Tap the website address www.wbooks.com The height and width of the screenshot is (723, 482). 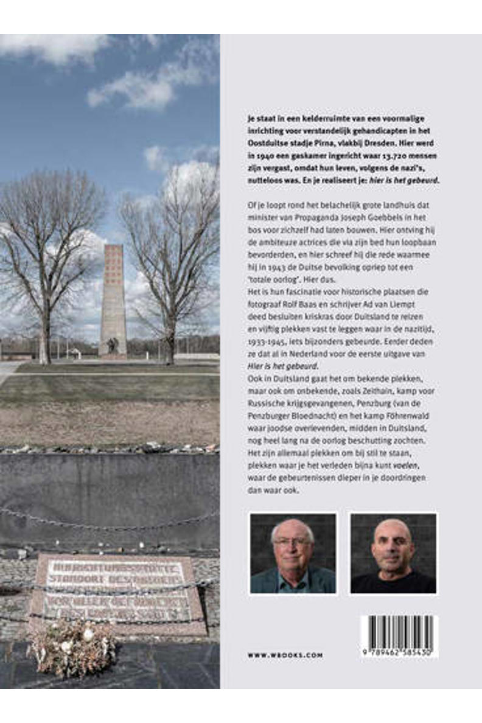point(285,655)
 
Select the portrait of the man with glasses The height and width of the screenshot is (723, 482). point(293,553)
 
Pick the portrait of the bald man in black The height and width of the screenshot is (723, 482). point(393,553)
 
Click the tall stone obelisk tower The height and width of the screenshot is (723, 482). point(113,298)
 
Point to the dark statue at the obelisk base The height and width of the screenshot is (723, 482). point(111,345)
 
